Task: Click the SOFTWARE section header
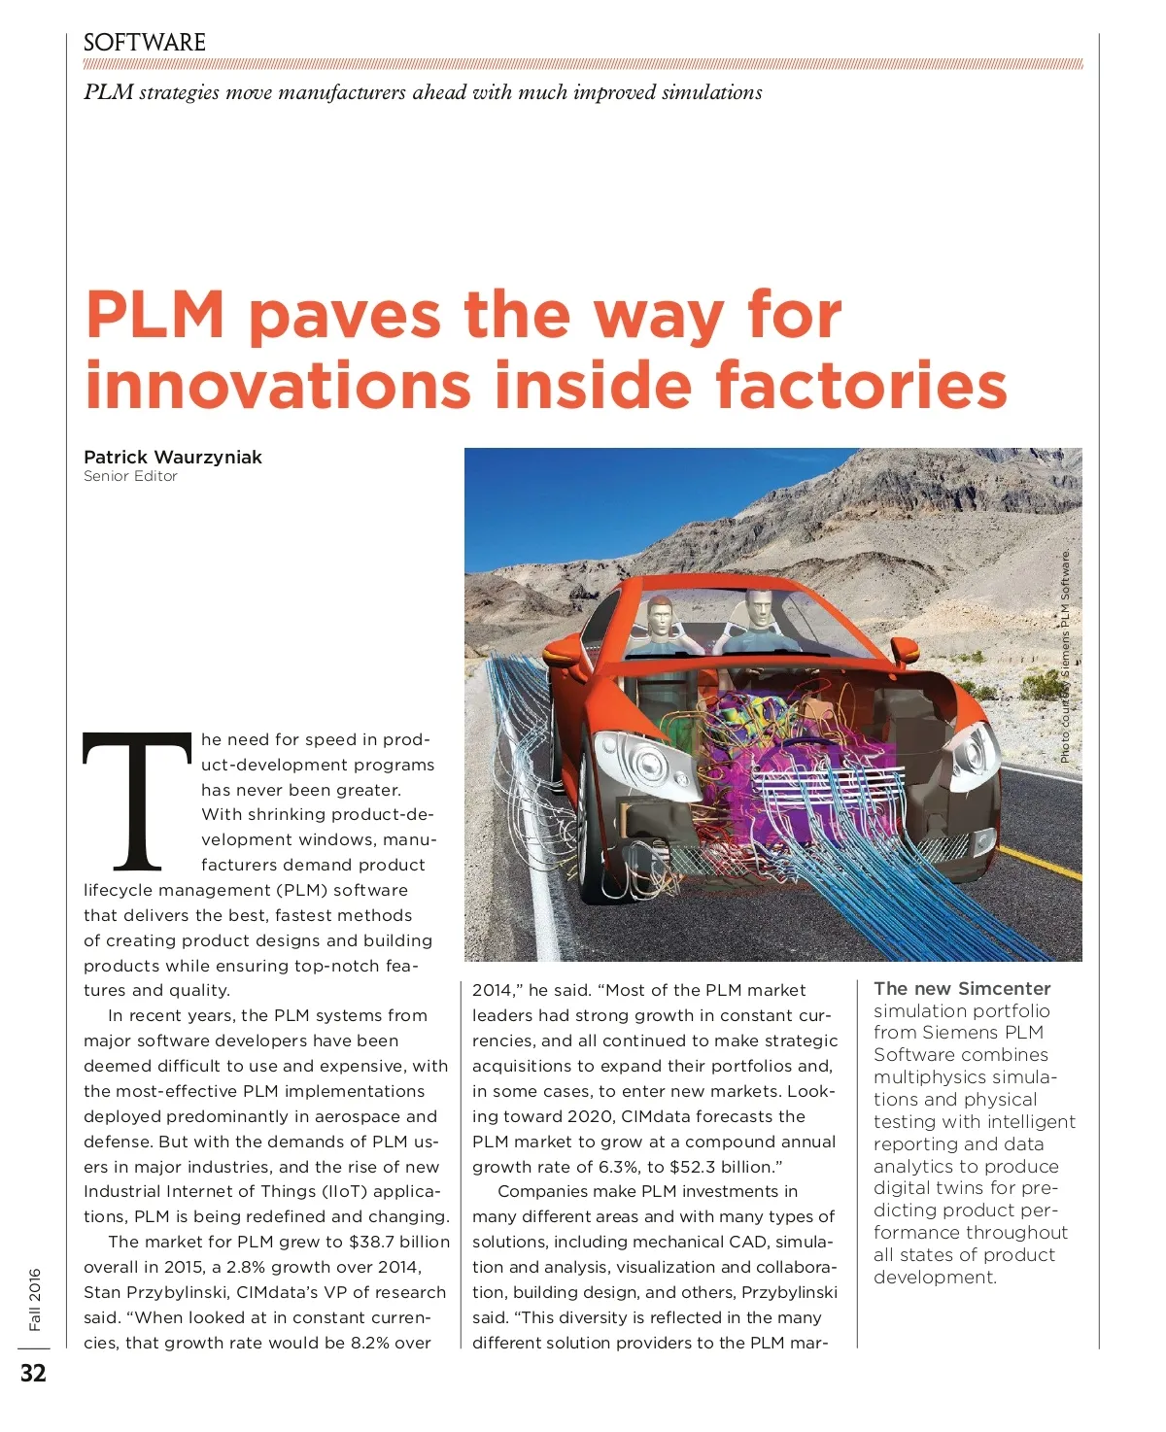(144, 43)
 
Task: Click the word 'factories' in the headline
(861, 386)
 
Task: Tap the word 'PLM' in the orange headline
(155, 315)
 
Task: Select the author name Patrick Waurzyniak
(172, 457)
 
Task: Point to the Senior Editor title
(130, 476)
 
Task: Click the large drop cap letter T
(137, 801)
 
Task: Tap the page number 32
(33, 1373)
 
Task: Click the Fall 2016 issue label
(35, 1299)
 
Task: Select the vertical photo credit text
(1065, 657)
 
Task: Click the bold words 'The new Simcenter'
(962, 988)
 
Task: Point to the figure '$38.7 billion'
(399, 1242)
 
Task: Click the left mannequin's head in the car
(660, 613)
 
